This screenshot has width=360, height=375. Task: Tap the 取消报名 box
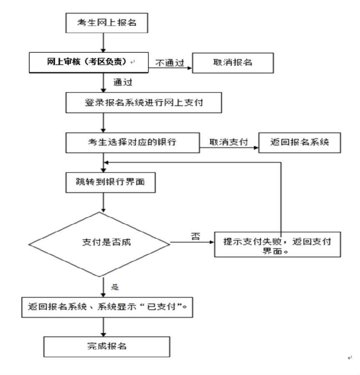coord(232,62)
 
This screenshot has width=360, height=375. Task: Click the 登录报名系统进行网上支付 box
coord(143,102)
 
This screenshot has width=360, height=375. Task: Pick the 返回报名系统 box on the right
coord(299,142)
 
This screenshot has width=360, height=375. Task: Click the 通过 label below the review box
coord(123,82)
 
